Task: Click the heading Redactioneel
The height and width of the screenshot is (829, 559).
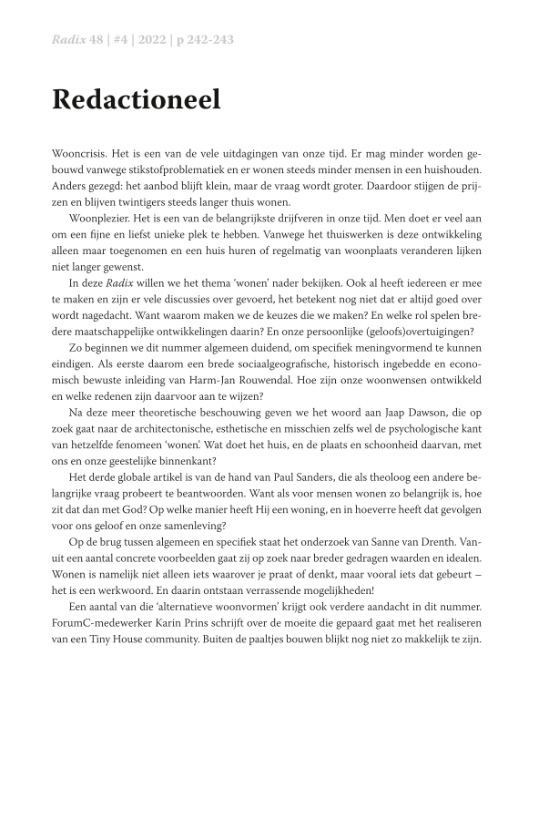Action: tap(136, 100)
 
